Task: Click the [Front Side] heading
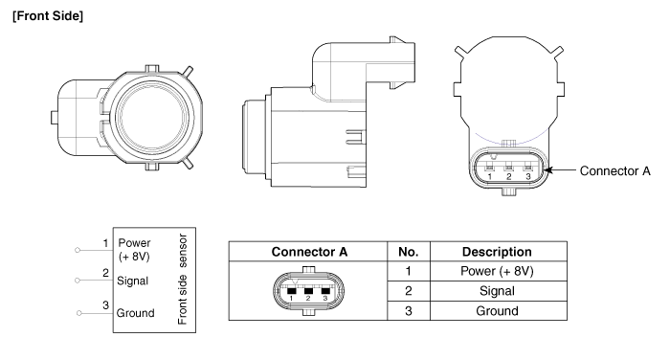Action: coord(48,16)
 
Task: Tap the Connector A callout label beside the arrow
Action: coord(614,171)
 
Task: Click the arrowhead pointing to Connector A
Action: coord(547,170)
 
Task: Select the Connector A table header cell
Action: coord(308,252)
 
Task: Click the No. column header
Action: coord(409,252)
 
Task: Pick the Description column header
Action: coord(499,252)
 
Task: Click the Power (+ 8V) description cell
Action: coord(499,271)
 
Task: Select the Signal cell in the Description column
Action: coord(499,291)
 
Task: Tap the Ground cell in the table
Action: coord(499,311)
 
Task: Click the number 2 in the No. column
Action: coord(409,291)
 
